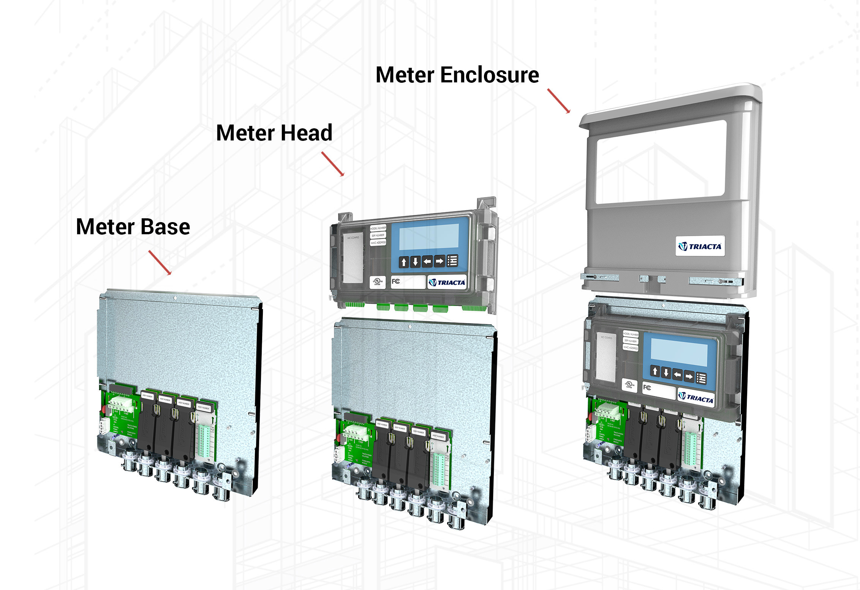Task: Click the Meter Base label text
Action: point(133,227)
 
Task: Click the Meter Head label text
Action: point(274,133)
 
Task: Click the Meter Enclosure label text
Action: point(457,75)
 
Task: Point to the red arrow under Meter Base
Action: point(160,262)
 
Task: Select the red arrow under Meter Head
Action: point(333,164)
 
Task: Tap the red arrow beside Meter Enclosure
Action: point(558,101)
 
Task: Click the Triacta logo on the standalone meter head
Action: point(447,282)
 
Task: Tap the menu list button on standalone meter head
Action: point(452,261)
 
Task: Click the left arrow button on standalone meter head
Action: point(427,262)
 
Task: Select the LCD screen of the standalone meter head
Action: point(429,237)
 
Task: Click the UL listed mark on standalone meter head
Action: point(377,282)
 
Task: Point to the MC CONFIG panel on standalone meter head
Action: point(353,258)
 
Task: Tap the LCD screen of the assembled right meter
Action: point(679,352)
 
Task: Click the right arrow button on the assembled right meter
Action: point(689,377)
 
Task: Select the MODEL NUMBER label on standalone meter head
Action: point(378,228)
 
